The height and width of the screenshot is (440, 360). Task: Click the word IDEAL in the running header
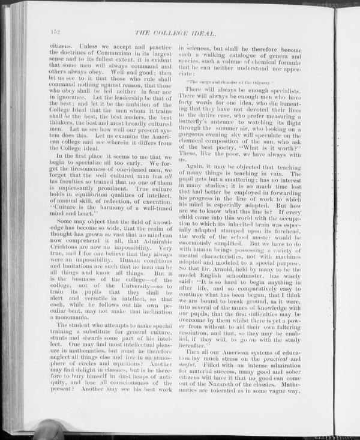pyautogui.click(x=201, y=32)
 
